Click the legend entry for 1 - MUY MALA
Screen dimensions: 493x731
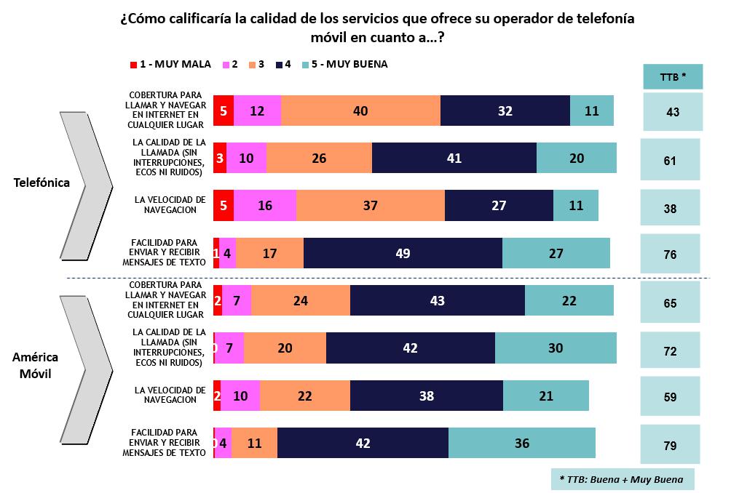pyautogui.click(x=170, y=64)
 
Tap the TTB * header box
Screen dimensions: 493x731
pyautogui.click(x=673, y=76)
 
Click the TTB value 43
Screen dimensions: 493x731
pyautogui.click(x=672, y=111)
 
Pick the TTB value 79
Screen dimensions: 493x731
pyautogui.click(x=670, y=444)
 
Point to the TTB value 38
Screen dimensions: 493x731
pyautogui.click(x=670, y=208)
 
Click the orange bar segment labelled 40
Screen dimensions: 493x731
pyautogui.click(x=360, y=111)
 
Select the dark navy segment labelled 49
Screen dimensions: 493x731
pyautogui.click(x=403, y=253)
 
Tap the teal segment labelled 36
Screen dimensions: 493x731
pyautogui.click(x=521, y=443)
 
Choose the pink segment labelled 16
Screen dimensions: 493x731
pyautogui.click(x=265, y=206)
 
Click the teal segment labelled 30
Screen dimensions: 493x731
pyautogui.click(x=556, y=348)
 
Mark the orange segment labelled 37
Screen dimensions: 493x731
pyautogui.click(x=370, y=206)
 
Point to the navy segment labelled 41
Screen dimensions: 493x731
pyautogui.click(x=454, y=158)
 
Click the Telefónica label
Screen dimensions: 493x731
pyautogui.click(x=42, y=183)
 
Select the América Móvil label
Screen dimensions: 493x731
pyautogui.click(x=35, y=366)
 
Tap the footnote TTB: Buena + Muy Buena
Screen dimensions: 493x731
pyautogui.click(x=622, y=479)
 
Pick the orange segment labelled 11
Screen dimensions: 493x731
pyautogui.click(x=254, y=443)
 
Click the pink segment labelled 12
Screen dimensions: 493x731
pyautogui.click(x=257, y=111)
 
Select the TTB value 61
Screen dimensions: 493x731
pyautogui.click(x=670, y=160)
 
